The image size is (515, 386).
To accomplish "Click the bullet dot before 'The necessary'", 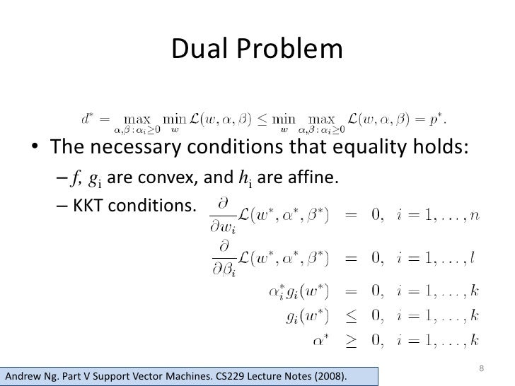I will click(x=33, y=148).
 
